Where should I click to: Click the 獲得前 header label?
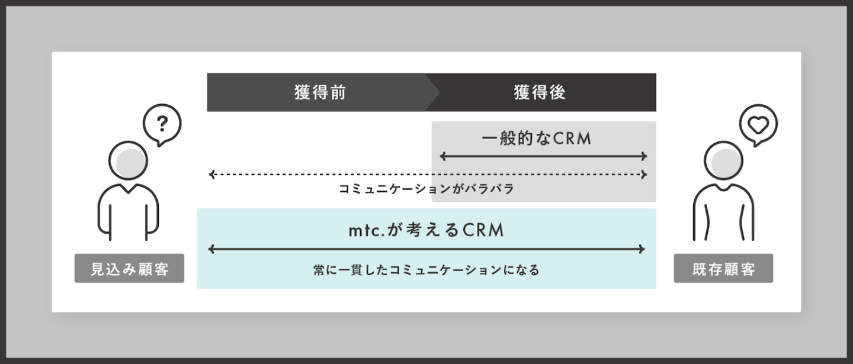tap(320, 92)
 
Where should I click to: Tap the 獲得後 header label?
tap(540, 92)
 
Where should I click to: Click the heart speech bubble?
tap(758, 125)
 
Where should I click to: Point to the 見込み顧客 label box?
tap(129, 269)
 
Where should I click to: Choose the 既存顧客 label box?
tap(723, 269)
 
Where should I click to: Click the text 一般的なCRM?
tap(536, 138)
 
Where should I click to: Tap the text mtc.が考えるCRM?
tap(426, 230)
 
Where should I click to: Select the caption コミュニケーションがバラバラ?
tap(426, 189)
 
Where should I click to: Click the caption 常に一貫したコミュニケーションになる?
tap(426, 270)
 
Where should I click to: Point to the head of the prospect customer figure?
tap(129, 160)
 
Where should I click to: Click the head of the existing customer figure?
tap(723, 160)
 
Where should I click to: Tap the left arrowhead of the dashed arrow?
tap(211, 175)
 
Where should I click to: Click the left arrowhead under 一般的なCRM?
tap(442, 156)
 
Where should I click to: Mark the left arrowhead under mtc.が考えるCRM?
tap(211, 250)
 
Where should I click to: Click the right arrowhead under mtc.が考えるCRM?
tap(642, 250)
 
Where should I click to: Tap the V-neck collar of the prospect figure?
tap(129, 189)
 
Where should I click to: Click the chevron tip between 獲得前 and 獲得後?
tap(439, 92)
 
